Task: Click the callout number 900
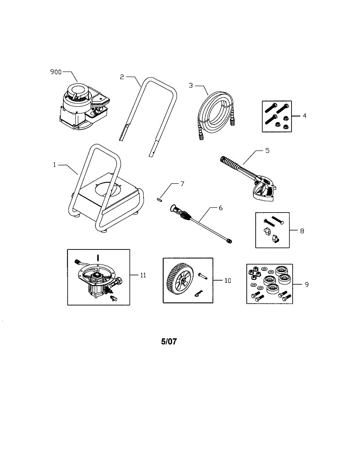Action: [56, 72]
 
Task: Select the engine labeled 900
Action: [82, 107]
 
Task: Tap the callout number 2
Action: [122, 77]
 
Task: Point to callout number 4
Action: [305, 116]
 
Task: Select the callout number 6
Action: [221, 208]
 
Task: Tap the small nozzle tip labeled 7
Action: [158, 200]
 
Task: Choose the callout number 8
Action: [302, 231]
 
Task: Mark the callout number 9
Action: [307, 284]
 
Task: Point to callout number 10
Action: [228, 280]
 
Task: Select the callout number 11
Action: [143, 275]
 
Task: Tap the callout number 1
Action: [55, 165]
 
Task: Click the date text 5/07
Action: [169, 342]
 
